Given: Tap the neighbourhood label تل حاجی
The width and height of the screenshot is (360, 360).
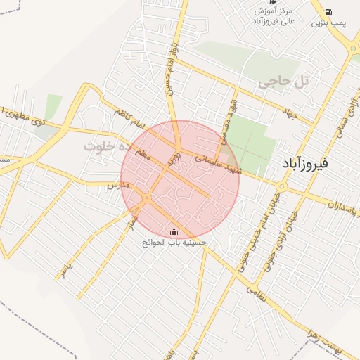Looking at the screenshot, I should pyautogui.click(x=284, y=82).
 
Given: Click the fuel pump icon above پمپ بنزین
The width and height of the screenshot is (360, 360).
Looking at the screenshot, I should pyautogui.click(x=328, y=12).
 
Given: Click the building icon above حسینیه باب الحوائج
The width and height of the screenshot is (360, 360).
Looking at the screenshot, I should pyautogui.click(x=174, y=232).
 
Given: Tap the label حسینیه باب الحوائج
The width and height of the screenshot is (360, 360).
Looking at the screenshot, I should pyautogui.click(x=174, y=243).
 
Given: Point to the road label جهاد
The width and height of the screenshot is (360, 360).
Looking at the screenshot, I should pyautogui.click(x=290, y=111).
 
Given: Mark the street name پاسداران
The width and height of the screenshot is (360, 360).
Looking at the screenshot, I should pyautogui.click(x=344, y=205).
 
